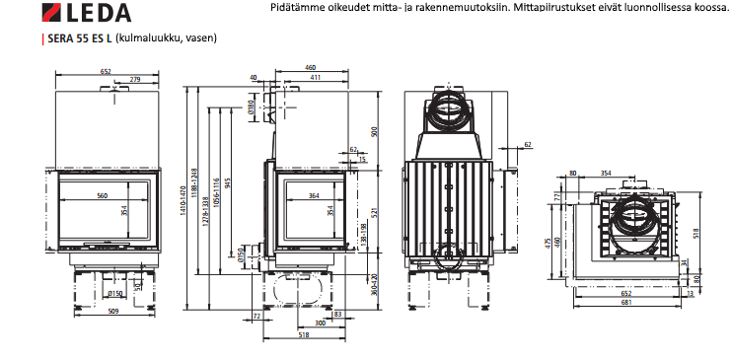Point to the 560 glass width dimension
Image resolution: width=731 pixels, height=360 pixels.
(102, 196)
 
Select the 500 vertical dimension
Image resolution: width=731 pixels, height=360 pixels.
(373, 131)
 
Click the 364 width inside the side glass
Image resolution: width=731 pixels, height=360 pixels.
(313, 196)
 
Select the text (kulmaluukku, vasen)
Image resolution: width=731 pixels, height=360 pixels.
(165, 38)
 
